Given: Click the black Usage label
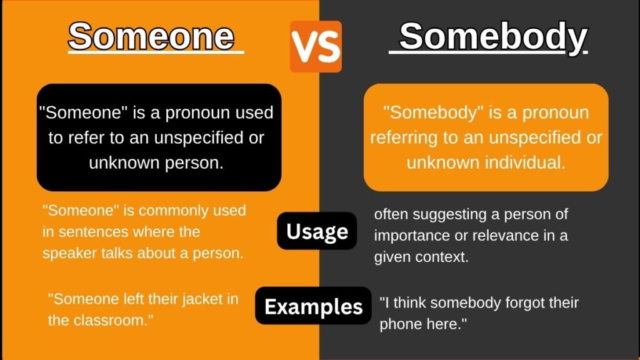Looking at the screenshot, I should [317, 231].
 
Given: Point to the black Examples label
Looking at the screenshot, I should [313, 306].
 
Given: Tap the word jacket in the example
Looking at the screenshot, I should [181, 299].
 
